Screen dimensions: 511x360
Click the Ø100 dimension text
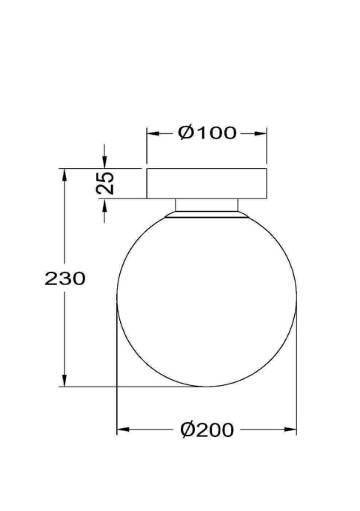[x=207, y=133]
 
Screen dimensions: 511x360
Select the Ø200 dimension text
[x=207, y=430]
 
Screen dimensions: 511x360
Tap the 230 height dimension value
[x=66, y=279]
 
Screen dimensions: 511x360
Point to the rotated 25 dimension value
[x=107, y=183]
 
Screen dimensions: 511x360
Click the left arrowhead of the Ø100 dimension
[x=153, y=133]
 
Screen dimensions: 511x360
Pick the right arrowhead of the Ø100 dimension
[x=261, y=133]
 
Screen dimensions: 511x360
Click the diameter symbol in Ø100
[x=186, y=133]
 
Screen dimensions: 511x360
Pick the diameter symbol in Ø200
[x=187, y=430]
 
